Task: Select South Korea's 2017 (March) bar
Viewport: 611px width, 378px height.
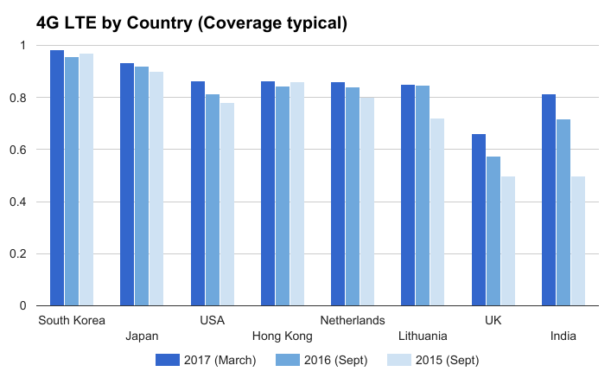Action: point(57,177)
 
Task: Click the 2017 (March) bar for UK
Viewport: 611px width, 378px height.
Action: point(479,220)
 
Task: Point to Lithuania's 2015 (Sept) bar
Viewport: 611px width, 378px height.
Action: point(436,212)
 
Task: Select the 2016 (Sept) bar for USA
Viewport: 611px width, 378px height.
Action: point(212,200)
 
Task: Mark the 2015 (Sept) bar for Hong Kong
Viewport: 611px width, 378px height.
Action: point(296,194)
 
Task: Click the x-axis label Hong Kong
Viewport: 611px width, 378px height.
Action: point(282,336)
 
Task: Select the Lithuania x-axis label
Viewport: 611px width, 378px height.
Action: point(423,336)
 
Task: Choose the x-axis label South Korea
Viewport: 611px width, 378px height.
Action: point(73,321)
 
